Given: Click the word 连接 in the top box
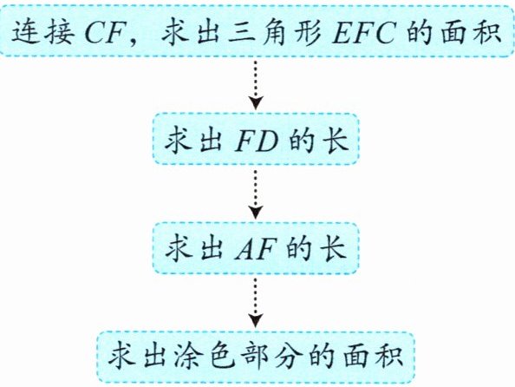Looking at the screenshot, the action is [x=42, y=32].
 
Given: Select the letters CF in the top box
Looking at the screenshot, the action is [x=104, y=33].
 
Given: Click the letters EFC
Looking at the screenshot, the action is [x=363, y=33].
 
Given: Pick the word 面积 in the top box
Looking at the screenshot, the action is [x=471, y=32].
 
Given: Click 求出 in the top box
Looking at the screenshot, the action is [x=191, y=32].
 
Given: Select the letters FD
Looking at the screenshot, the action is [x=256, y=141].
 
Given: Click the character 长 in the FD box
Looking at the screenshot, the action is [x=335, y=141].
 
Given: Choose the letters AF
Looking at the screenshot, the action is [x=255, y=250].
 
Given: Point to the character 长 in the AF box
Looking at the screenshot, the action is [x=333, y=249].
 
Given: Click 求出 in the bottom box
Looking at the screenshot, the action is [x=136, y=357].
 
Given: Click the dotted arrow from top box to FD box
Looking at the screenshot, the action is [x=256, y=84].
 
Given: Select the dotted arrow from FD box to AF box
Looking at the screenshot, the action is [x=256, y=194].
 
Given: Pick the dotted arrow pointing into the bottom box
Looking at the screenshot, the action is [x=256, y=303].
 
